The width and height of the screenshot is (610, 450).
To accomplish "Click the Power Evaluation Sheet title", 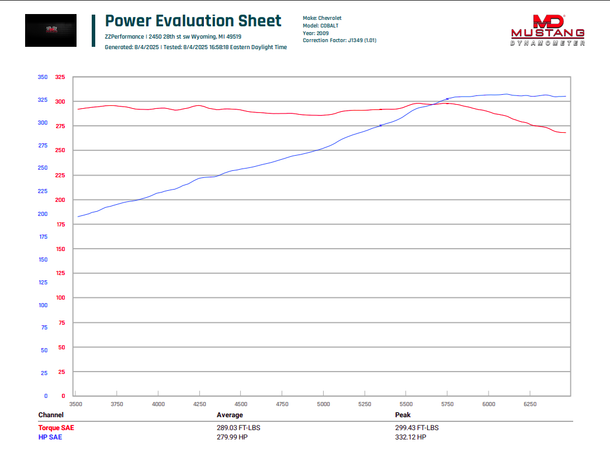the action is [193, 21].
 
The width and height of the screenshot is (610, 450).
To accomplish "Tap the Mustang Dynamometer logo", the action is [547, 30].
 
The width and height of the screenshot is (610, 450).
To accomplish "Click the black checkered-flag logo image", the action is [51, 30].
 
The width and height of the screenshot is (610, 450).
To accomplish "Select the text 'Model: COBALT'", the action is [321, 26].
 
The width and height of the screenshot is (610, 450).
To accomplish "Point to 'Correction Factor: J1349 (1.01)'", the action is [339, 40].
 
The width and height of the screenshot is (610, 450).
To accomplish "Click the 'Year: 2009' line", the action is [316, 33].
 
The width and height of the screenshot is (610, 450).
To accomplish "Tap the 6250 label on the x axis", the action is [530, 404].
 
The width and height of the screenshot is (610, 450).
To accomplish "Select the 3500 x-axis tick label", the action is [75, 404].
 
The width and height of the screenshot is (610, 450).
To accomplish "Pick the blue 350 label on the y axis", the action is [43, 77].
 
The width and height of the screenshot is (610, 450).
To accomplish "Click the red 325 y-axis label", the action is [60, 77].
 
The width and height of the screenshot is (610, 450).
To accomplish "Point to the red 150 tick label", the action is [60, 249].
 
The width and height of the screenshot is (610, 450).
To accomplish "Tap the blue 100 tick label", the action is [43, 305].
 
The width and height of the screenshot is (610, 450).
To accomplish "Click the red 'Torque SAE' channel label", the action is [56, 428].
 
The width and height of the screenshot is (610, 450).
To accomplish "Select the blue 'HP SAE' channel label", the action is [50, 437].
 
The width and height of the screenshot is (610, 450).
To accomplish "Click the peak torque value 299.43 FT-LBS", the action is [417, 428].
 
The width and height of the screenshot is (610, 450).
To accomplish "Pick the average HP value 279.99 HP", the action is [232, 437].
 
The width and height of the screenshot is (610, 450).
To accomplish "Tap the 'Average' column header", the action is [230, 415].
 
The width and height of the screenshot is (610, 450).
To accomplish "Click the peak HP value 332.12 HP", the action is [410, 437].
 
